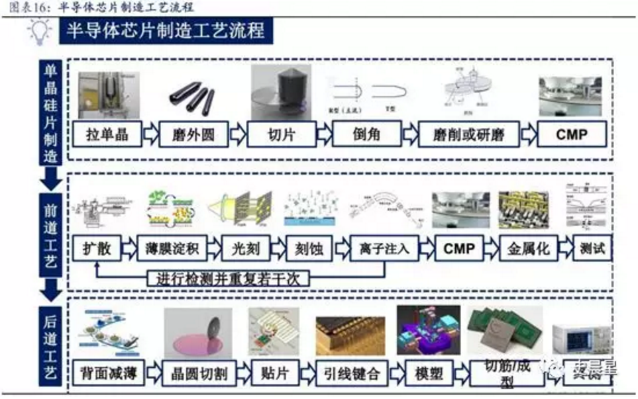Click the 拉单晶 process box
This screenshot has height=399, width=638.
(x=106, y=135)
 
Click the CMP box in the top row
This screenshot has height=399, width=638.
(x=572, y=135)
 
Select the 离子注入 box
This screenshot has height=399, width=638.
(x=385, y=249)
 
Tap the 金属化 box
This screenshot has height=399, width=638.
(x=524, y=249)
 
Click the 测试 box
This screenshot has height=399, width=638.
(x=592, y=249)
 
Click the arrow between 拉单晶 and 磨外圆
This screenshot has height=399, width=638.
(x=150, y=136)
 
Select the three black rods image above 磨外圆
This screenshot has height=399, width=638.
(x=189, y=95)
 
